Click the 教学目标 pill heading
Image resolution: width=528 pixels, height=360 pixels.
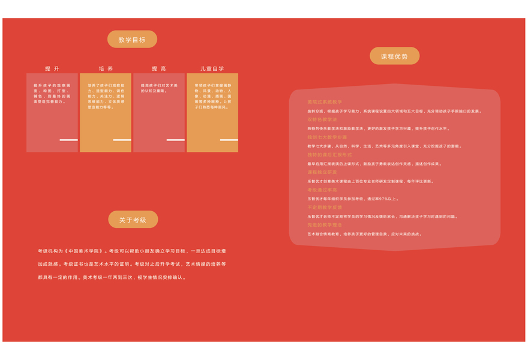click(132, 40)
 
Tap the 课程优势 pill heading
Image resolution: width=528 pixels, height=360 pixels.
click(394, 56)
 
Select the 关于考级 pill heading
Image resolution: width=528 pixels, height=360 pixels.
click(133, 220)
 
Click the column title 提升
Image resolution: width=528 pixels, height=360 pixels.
click(52, 69)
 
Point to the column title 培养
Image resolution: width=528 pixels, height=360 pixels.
click(106, 69)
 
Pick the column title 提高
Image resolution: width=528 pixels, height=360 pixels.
click(159, 69)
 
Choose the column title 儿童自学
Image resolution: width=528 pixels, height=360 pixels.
click(212, 69)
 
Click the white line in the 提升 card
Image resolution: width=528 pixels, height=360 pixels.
click(68, 140)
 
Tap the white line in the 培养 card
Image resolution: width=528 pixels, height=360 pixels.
click(122, 140)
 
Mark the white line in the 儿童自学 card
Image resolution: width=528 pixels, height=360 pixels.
click(229, 140)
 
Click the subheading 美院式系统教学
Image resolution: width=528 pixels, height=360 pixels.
click(325, 102)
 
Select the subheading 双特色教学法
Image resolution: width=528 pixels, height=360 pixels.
click(322, 119)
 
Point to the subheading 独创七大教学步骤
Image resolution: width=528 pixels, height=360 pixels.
click(327, 137)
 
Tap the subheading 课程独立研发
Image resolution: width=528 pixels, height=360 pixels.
click(322, 172)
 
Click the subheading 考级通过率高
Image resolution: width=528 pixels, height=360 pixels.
click(322, 190)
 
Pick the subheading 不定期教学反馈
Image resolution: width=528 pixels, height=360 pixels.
click(325, 208)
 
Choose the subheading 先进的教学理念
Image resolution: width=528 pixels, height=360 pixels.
click(325, 225)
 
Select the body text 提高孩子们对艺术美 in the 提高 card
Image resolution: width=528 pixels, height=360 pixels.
click(159, 85)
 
